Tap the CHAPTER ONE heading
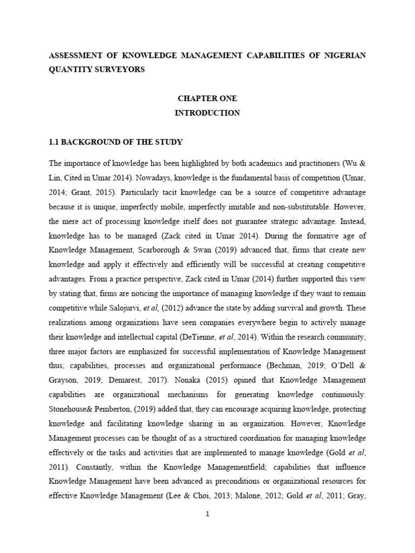pos(207,99)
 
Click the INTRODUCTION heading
pos(207,113)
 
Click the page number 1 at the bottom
pos(207,514)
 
